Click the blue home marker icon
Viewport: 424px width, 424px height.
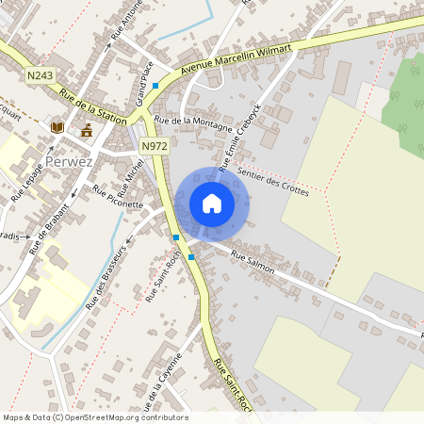click(x=212, y=204)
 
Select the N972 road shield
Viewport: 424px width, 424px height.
click(x=154, y=147)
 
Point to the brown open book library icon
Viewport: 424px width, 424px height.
click(x=57, y=127)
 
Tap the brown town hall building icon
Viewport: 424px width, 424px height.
click(x=87, y=130)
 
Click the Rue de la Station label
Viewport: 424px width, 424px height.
click(x=92, y=106)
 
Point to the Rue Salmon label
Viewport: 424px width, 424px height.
click(x=252, y=263)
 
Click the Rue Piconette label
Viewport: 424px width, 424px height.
click(x=118, y=197)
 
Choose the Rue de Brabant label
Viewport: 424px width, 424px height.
click(x=49, y=229)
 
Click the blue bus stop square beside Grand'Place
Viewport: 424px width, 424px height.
click(x=155, y=86)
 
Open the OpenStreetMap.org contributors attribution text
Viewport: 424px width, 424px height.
click(x=127, y=417)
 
